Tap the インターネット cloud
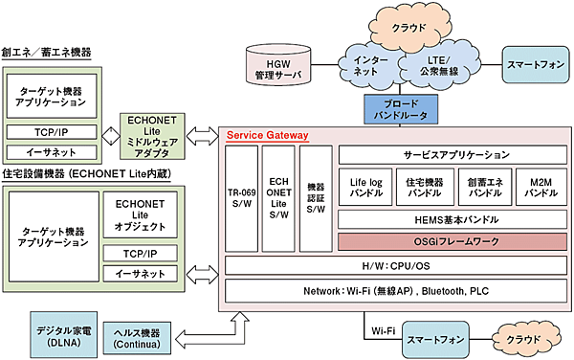coord(375,66)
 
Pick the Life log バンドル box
coord(364,186)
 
